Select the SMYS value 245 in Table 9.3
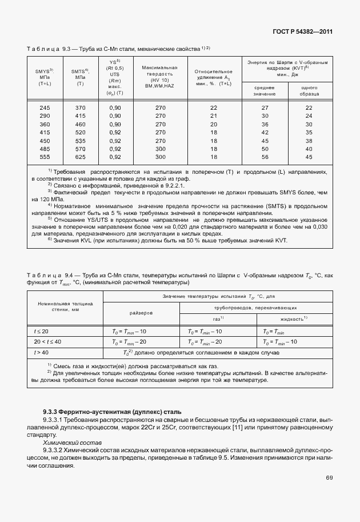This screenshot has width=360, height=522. pos(45,107)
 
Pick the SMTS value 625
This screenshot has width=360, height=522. pos(80,157)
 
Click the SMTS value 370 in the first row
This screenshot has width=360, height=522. pos(80,107)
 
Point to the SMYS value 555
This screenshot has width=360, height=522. pos(45,157)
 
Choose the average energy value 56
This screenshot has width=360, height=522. pos(265,157)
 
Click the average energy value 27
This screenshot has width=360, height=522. pos(265,107)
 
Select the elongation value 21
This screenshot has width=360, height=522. pos(214,115)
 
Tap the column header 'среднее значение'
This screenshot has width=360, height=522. pos(265,90)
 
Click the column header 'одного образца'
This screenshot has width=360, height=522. pos(309,90)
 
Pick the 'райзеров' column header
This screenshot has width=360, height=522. pos(141,313)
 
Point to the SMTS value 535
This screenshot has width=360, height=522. pos(80,140)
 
